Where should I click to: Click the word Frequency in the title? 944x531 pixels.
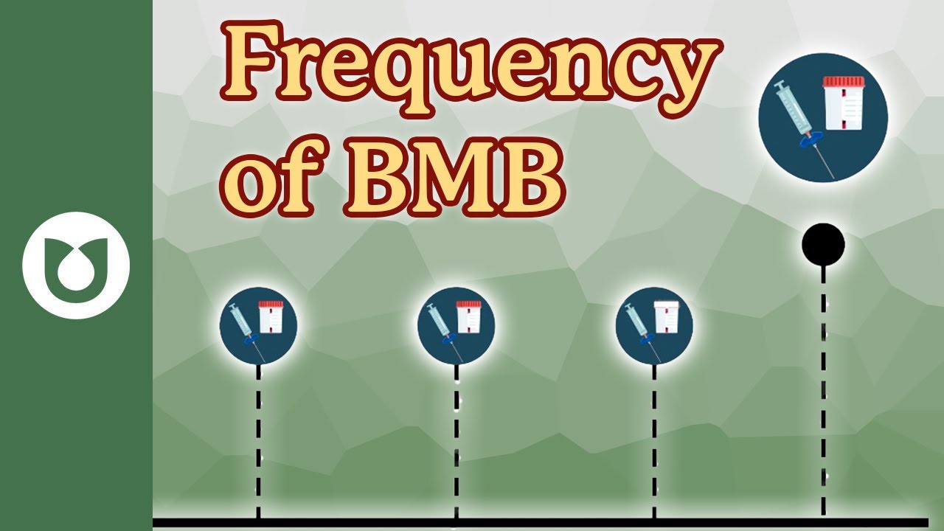tap(469, 70)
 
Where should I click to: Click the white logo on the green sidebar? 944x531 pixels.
tap(76, 265)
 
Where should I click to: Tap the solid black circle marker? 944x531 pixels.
tap(823, 244)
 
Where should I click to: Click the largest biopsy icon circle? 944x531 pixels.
tap(823, 118)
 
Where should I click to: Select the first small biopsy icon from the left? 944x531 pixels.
tap(258, 325)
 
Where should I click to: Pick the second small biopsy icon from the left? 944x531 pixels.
tap(456, 325)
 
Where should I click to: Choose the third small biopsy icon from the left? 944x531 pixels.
tap(654, 325)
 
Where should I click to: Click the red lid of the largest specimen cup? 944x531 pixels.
tap(843, 82)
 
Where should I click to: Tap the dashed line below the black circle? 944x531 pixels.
tap(823, 391)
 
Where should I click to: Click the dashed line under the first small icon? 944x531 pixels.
tap(258, 442)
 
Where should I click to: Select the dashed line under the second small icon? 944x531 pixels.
tap(456, 442)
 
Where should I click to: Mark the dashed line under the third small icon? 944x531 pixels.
tap(654, 442)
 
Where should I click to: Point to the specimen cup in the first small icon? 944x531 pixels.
tap(271, 317)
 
